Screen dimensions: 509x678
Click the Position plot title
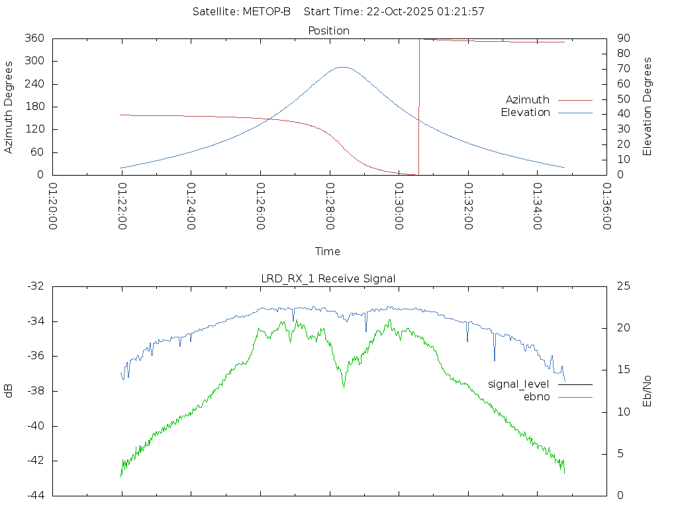[x=329, y=30]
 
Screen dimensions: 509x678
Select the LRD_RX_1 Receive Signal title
[x=328, y=278]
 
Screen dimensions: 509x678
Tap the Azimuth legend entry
[x=528, y=99]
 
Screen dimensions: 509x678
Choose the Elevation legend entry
[x=526, y=113]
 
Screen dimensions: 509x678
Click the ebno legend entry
[x=537, y=396]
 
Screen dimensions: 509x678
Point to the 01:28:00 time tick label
[x=330, y=206]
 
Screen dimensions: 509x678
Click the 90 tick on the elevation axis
[x=622, y=38]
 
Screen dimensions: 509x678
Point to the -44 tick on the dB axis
[x=34, y=496]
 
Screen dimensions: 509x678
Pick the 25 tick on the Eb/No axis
[x=623, y=286]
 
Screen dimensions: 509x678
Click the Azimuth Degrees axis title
[x=9, y=107]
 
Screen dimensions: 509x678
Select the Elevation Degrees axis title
[x=648, y=107]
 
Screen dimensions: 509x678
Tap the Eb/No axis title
[x=648, y=391]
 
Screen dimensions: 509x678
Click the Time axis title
[x=328, y=252]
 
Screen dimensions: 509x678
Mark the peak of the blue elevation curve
[x=342, y=67]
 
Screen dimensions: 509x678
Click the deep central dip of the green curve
[x=344, y=386]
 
